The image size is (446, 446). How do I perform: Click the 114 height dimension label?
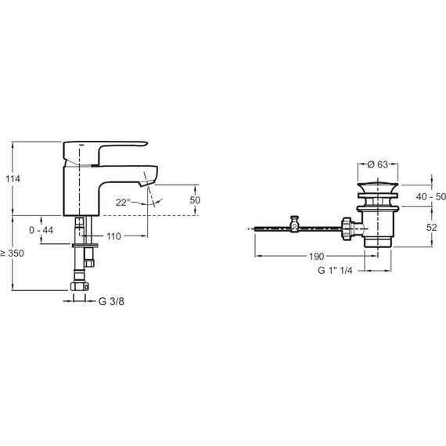coord(13,179)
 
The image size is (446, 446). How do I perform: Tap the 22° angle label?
coord(123,203)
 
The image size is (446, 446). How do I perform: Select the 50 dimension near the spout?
coord(195,200)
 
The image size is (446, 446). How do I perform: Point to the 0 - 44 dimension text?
coord(41,230)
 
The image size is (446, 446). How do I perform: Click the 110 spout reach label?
coord(113,236)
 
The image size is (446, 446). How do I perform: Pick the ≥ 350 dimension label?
coord(13,254)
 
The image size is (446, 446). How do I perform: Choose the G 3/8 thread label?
coord(111,301)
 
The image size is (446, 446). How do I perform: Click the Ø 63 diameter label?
coord(377,164)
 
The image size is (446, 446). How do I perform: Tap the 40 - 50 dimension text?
coord(430,196)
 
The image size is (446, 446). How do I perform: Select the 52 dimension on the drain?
coord(431,228)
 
